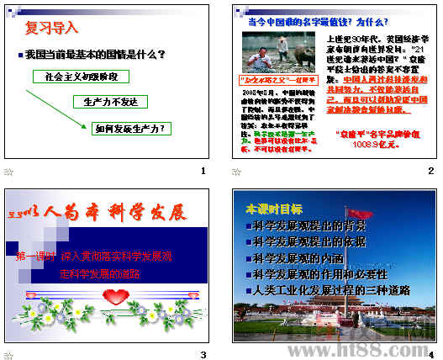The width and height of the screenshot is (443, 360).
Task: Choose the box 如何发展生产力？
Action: click(129, 129)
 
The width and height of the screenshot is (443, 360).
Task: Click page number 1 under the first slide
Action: click(203, 172)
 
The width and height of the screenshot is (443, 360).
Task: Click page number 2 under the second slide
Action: click(430, 172)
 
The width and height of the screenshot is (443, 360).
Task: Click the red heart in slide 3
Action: click(115, 295)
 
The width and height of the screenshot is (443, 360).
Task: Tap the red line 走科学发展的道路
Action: click(99, 273)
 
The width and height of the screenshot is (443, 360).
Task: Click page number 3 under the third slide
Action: click(203, 354)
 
